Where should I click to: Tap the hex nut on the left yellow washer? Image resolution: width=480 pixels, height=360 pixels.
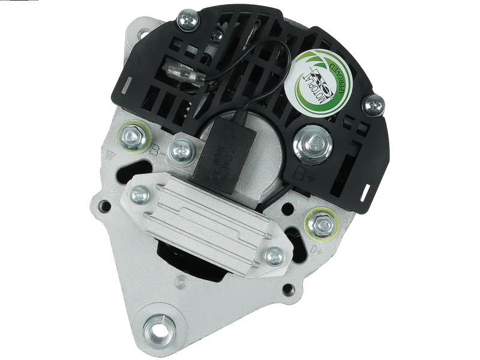(133, 137)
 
